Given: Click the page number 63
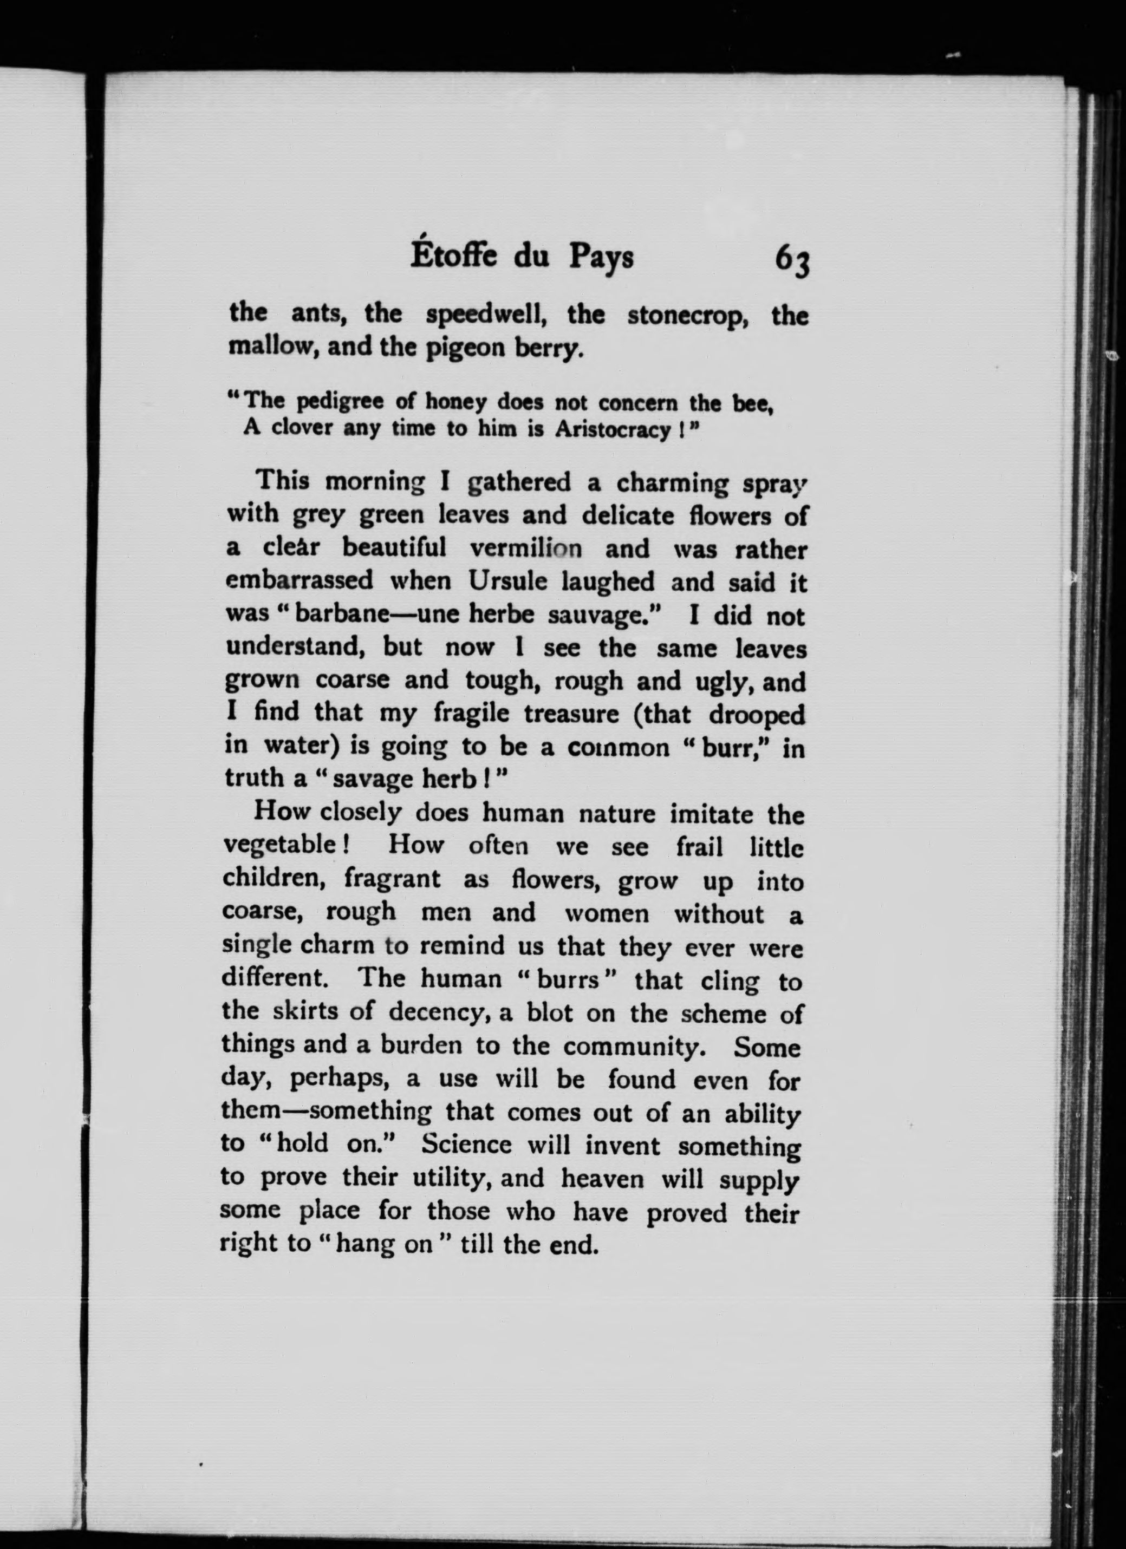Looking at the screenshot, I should coord(791,260).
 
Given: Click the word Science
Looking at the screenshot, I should coord(467,1144).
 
